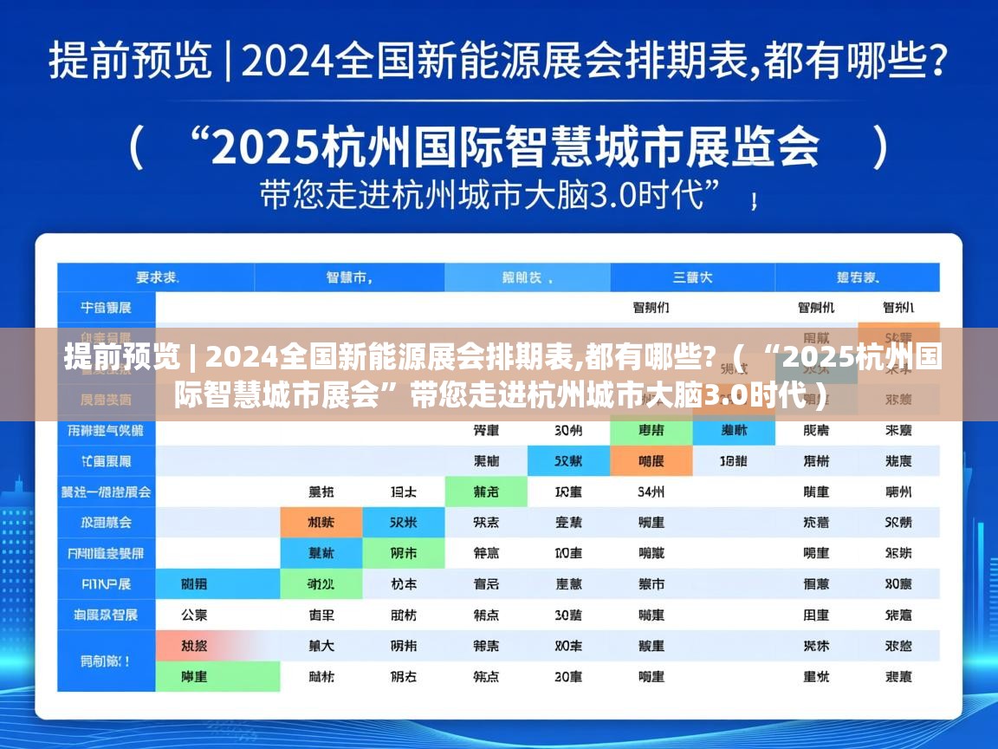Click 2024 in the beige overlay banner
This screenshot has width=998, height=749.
point(244,356)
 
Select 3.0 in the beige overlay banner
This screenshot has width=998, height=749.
point(724,397)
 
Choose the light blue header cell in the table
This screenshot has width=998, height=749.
point(527,278)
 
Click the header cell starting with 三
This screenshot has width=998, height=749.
point(692,278)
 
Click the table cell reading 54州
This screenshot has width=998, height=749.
point(651,492)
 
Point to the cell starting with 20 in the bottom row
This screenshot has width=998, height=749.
point(568,676)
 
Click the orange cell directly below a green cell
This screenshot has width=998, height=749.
point(651,461)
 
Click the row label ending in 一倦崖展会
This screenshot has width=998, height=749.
point(106,492)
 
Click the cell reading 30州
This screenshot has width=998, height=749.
point(568,430)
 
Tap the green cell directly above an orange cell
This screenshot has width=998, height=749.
point(651,430)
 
